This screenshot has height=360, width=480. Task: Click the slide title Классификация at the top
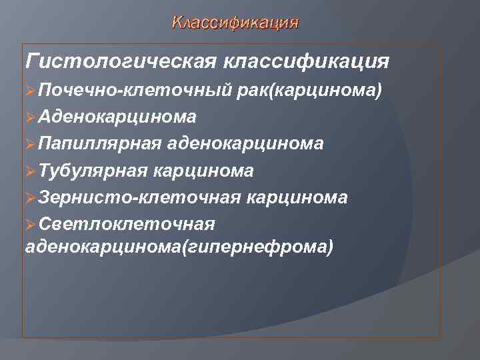235,23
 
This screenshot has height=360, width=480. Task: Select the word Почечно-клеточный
135,90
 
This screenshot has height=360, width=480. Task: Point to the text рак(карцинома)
310,90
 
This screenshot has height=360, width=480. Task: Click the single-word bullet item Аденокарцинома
117,117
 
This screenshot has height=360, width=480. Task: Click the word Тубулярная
93,171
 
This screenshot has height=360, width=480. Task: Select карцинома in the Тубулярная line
203,171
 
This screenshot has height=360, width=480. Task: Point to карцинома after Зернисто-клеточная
297,197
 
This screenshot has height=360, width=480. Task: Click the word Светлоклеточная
127,224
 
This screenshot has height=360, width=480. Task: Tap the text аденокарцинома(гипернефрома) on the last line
178,247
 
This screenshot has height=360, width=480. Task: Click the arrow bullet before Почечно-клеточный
30,90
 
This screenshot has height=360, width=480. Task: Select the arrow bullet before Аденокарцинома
30,117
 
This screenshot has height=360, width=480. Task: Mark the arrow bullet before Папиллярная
30,144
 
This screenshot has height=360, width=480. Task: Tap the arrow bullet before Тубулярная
30,171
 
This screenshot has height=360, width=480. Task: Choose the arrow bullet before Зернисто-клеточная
30,197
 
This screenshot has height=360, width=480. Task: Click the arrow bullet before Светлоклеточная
30,224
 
